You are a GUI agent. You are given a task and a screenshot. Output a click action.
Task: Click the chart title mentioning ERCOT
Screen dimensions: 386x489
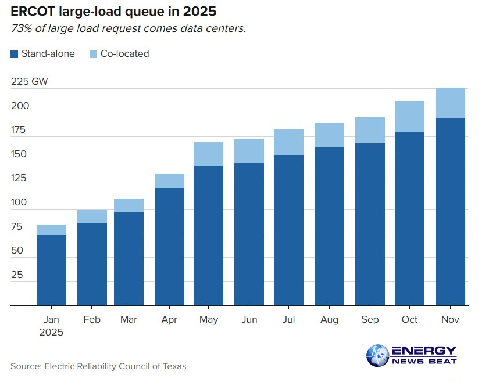113,11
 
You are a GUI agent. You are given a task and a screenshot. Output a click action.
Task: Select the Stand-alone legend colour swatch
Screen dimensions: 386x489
15,54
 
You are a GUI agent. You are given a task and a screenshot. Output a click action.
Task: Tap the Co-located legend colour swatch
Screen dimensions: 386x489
94,54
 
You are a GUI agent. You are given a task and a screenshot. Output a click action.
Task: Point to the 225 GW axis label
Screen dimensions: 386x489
29,82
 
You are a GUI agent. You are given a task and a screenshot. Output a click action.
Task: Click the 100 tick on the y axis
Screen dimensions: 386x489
19,203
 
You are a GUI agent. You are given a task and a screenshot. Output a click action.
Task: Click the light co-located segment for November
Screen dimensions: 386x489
451,103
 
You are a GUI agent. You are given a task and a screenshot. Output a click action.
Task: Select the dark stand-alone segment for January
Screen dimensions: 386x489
51,270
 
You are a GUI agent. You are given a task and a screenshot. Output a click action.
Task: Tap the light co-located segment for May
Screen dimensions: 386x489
208,154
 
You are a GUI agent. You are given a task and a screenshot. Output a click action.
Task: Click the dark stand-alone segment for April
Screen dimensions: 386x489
169,247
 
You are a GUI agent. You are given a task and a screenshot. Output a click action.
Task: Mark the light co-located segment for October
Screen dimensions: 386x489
409,116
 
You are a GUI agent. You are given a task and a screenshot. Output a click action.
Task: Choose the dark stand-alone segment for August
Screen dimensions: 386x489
329,226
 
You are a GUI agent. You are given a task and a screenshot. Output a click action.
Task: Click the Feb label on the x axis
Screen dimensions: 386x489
92,320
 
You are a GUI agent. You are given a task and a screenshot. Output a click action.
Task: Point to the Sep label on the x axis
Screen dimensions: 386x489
370,320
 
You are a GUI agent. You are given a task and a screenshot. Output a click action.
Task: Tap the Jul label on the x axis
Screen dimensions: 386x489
289,320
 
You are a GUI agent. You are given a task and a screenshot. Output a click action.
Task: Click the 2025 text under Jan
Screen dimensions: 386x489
51,333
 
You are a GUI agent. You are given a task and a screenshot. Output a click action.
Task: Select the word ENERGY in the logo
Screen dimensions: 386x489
424,351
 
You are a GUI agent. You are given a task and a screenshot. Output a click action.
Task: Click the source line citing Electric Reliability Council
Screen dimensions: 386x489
98,366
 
